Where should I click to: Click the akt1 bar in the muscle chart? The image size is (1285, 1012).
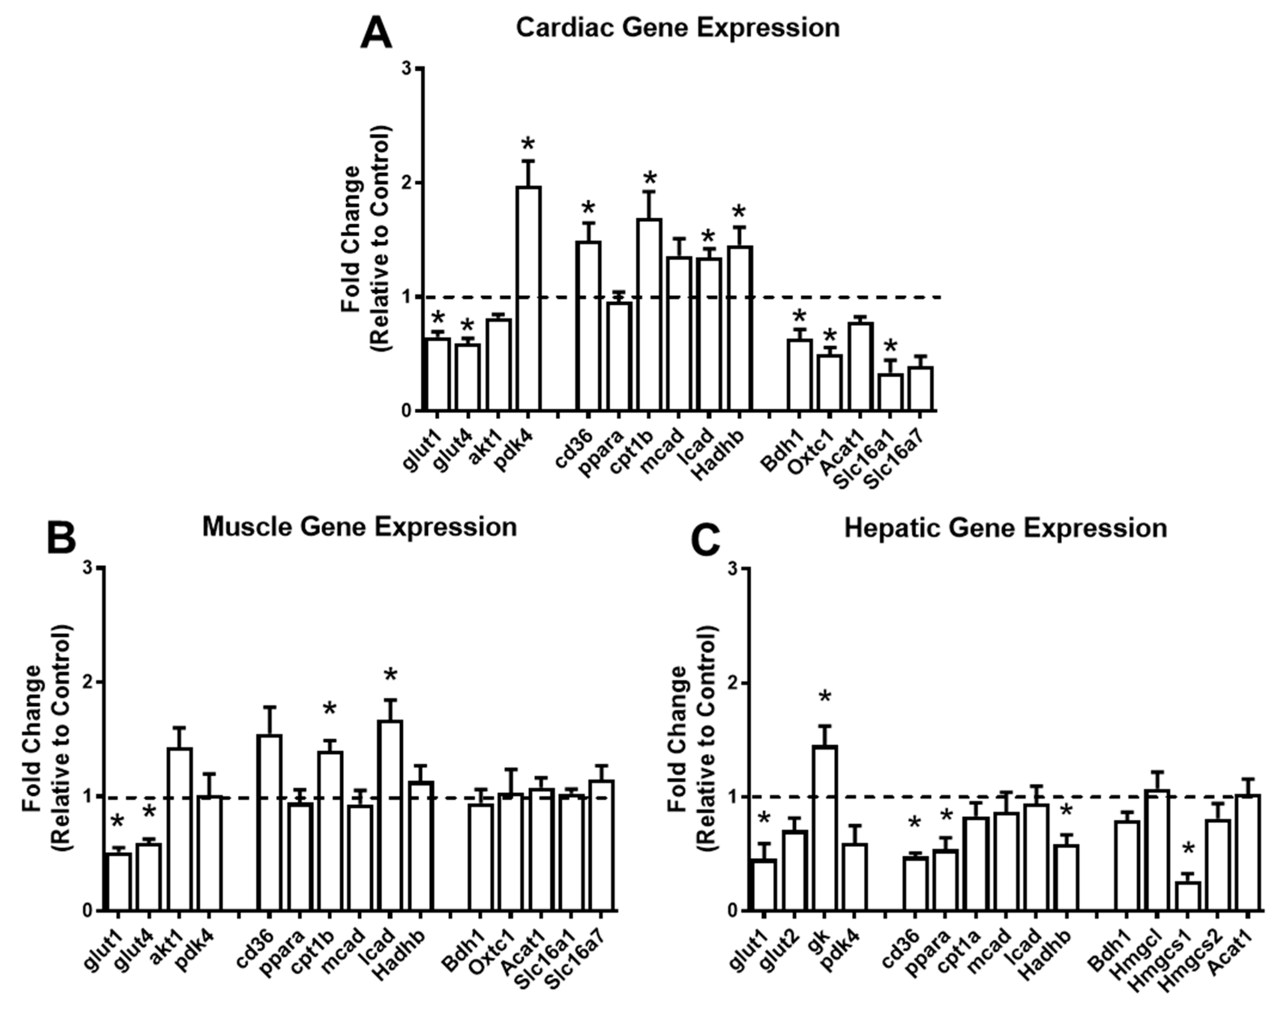[x=179, y=830]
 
